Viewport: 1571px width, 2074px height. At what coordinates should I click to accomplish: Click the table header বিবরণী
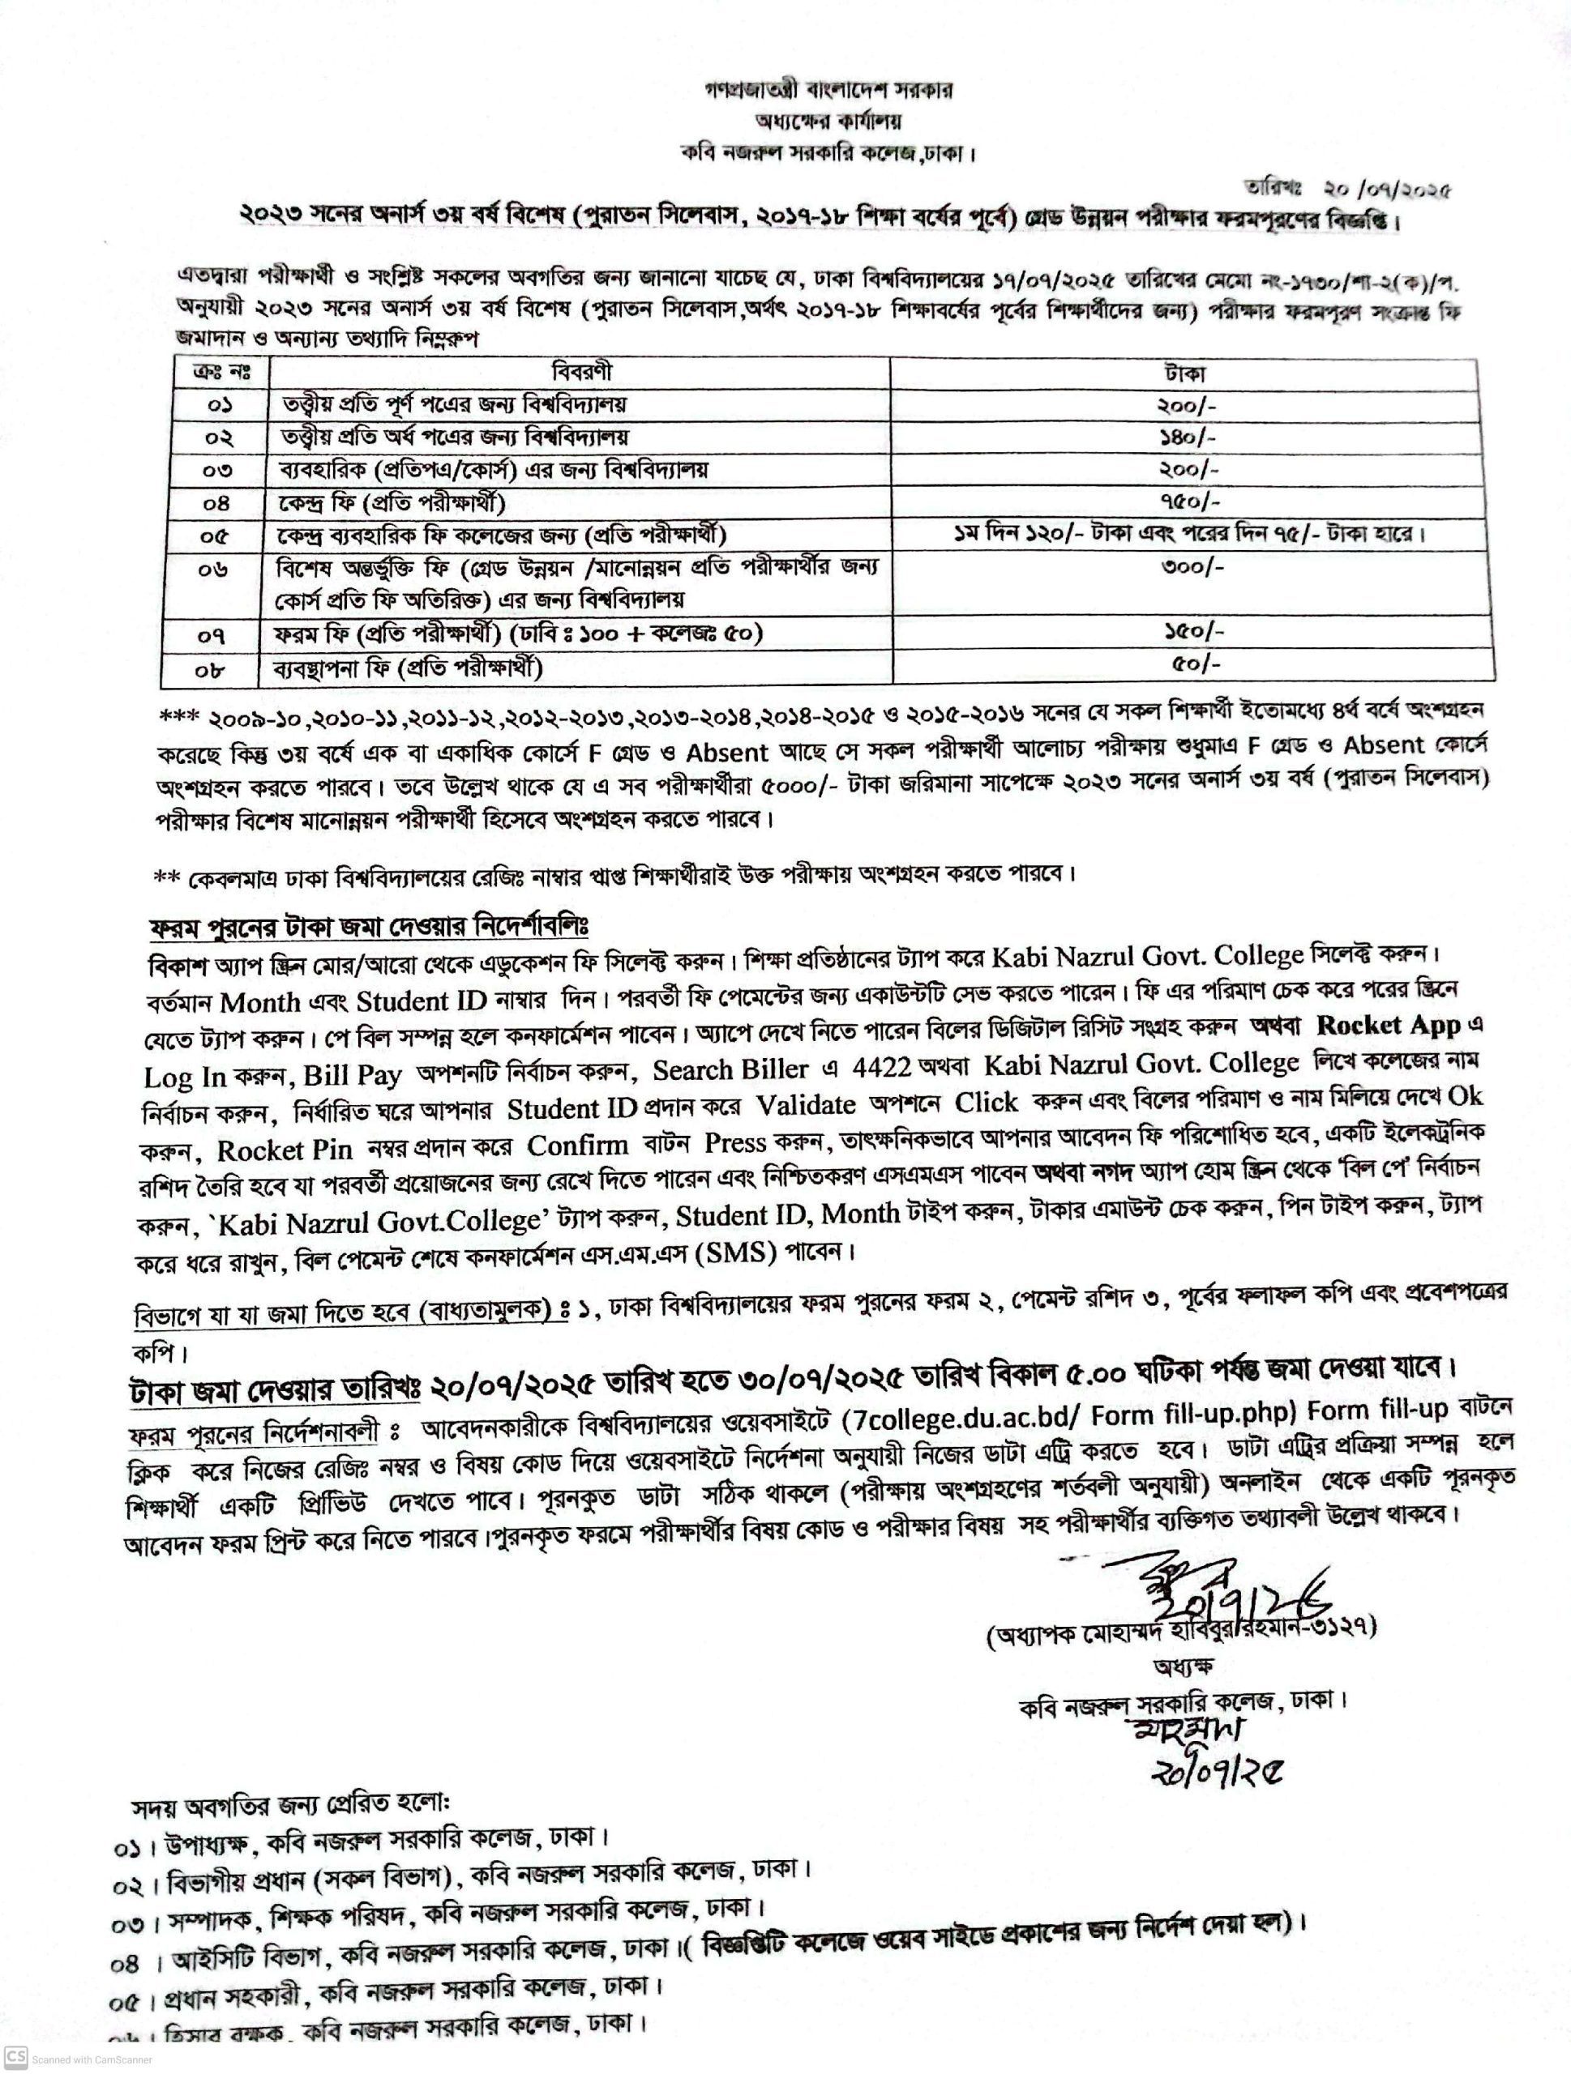(581, 372)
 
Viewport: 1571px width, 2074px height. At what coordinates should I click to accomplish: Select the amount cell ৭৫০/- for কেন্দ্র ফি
(1189, 501)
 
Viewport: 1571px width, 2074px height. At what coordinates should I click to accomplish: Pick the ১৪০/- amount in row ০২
(1189, 437)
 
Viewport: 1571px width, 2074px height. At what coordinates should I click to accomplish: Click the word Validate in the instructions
(805, 1107)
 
